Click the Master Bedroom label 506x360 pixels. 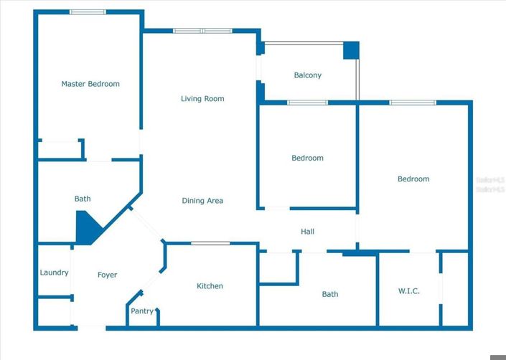tap(90, 84)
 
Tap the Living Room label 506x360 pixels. tap(202, 99)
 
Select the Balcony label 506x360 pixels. tap(308, 75)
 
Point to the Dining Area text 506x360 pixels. tap(202, 201)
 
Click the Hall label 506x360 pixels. tap(307, 232)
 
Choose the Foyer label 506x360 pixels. tap(107, 275)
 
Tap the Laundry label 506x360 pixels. tap(54, 273)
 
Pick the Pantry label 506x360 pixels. tap(142, 311)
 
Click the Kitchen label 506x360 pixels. tap(210, 286)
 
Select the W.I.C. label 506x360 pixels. tap(408, 291)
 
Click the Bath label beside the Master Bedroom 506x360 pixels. tap(83, 199)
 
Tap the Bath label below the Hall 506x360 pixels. tap(330, 294)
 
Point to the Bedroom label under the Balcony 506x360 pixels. tap(307, 158)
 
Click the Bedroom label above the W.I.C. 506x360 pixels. tap(413, 179)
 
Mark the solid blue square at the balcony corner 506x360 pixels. tap(350, 50)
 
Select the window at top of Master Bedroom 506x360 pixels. tap(88, 11)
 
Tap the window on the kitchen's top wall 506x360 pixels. tap(210, 244)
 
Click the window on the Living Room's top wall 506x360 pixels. tap(202, 31)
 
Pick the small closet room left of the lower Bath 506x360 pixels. tap(278, 267)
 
